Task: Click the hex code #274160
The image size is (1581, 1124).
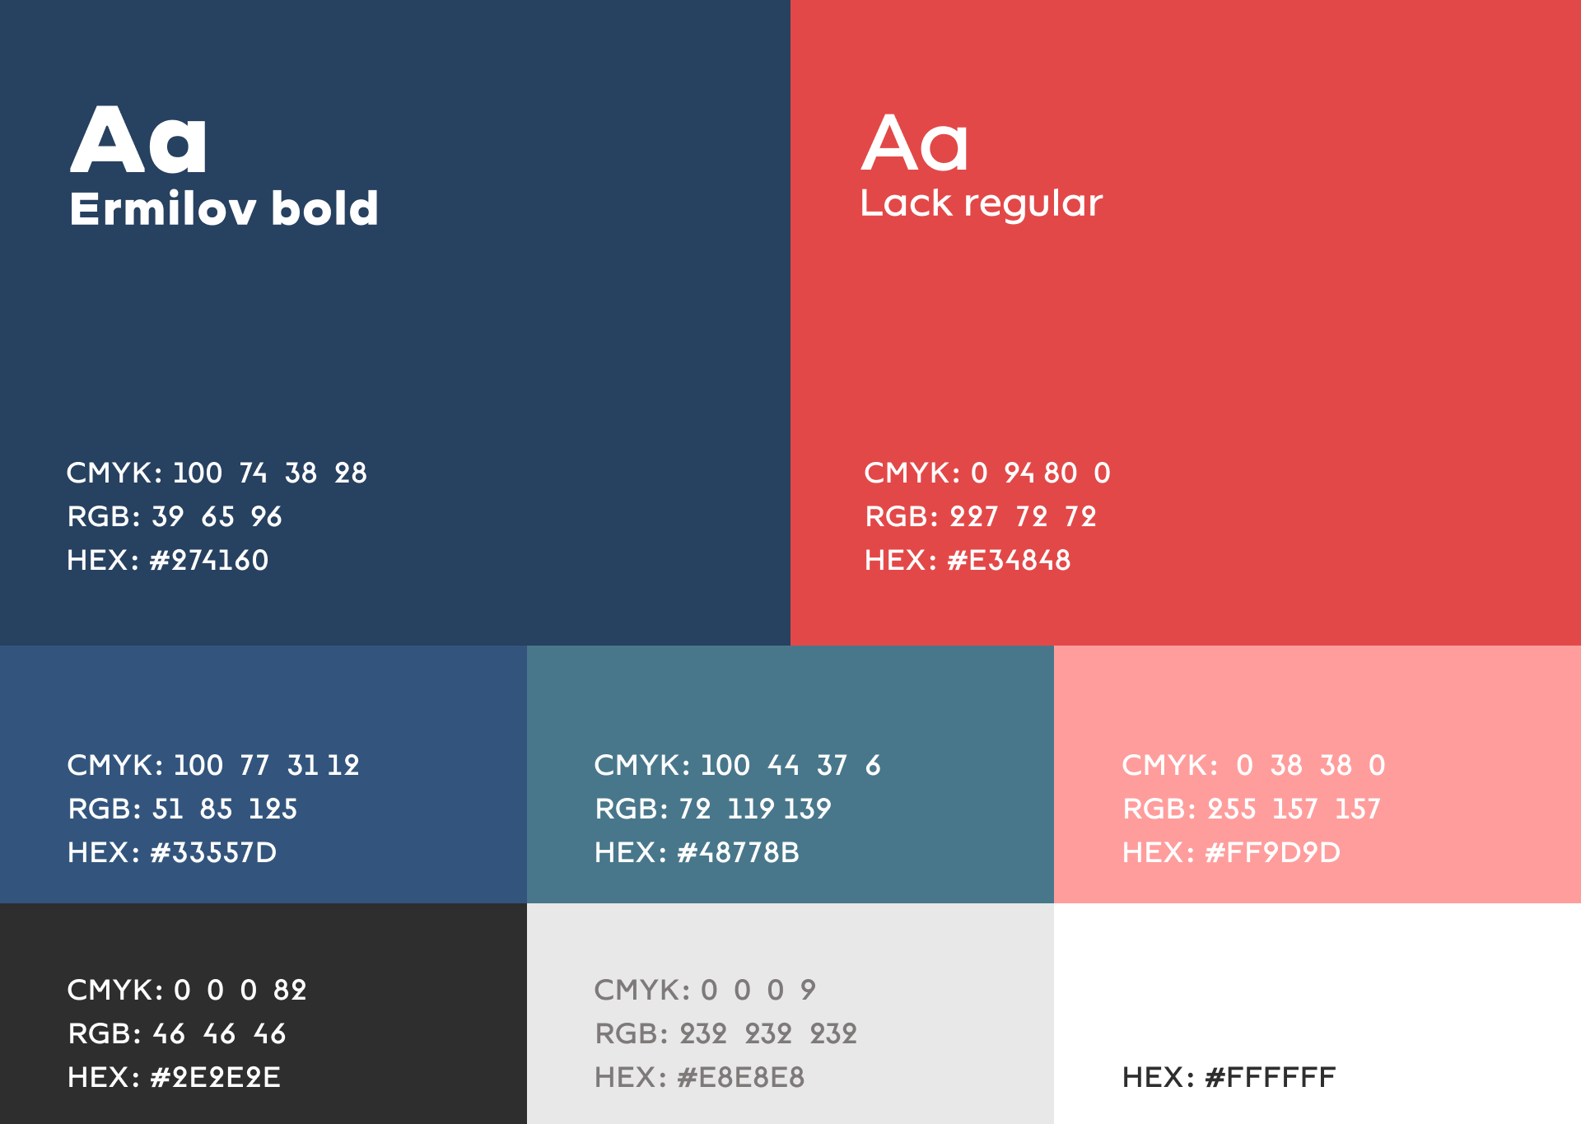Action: pos(209,560)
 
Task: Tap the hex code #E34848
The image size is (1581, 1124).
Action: pos(1009,560)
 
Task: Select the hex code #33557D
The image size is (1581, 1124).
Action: pos(213,852)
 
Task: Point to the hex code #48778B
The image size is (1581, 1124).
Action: pos(738,852)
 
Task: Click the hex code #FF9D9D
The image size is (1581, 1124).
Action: pos(1272,852)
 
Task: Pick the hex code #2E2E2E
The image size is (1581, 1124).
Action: pos(215,1077)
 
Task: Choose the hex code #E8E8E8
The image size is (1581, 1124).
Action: pos(740,1077)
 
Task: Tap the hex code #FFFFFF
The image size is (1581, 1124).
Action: pos(1270,1077)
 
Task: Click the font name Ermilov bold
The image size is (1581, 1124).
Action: pos(224,208)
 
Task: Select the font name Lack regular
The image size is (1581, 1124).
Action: pos(982,203)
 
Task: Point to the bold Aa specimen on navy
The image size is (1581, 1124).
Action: pos(138,140)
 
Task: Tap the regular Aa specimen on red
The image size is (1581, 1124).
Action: pos(915,143)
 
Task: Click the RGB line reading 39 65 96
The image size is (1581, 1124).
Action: pos(175,516)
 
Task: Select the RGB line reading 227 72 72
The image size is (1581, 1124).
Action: pos(981,516)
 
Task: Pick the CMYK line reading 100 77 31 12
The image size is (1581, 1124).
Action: pos(213,765)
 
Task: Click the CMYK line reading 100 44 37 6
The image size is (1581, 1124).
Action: pos(738,765)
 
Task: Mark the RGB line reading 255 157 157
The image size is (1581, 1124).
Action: pos(1252,809)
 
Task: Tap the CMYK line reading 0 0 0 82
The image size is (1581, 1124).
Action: pos(187,990)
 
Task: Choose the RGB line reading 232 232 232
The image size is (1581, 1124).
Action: pos(726,1033)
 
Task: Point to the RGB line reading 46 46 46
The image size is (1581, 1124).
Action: pos(177,1033)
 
